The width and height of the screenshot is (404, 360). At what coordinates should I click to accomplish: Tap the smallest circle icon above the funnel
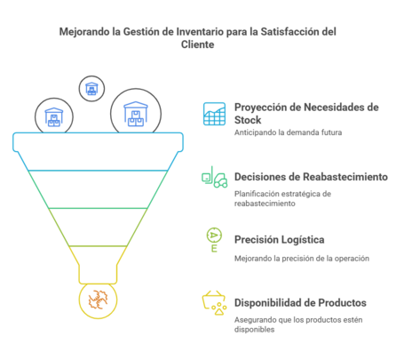pyautogui.click(x=91, y=87)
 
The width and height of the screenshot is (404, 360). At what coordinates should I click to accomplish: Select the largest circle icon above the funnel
pyautogui.click(x=136, y=113)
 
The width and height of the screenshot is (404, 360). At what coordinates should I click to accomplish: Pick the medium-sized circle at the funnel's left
pyautogui.click(x=54, y=116)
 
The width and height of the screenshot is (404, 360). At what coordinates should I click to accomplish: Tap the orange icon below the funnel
pyautogui.click(x=98, y=300)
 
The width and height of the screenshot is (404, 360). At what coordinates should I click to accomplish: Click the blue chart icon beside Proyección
pyautogui.click(x=214, y=113)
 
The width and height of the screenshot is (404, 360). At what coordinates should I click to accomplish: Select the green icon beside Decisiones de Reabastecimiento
pyautogui.click(x=214, y=178)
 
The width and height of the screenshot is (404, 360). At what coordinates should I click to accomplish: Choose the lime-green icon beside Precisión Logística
pyautogui.click(x=214, y=239)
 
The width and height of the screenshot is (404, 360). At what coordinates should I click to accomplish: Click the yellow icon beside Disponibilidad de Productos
pyautogui.click(x=214, y=302)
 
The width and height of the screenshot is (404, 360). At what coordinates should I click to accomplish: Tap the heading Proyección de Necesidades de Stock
pyautogui.click(x=305, y=111)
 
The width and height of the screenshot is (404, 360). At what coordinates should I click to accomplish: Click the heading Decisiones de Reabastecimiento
pyautogui.click(x=311, y=177)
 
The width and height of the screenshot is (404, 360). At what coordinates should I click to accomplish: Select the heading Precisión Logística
pyautogui.click(x=279, y=239)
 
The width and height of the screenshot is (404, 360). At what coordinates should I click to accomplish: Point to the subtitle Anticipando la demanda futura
pyautogui.click(x=288, y=132)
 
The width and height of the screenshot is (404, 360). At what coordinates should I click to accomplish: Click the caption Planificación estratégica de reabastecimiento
pyautogui.click(x=282, y=196)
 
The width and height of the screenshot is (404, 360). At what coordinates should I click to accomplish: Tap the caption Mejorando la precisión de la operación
pyautogui.click(x=301, y=258)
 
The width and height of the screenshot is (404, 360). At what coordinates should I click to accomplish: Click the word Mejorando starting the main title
pyautogui.click(x=83, y=32)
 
